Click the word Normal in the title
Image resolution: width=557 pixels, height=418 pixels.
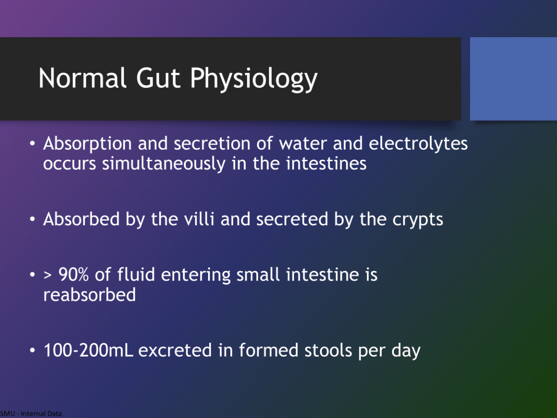tap(83, 78)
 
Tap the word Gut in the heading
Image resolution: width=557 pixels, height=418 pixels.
tap(158, 78)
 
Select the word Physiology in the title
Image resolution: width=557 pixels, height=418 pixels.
tap(253, 79)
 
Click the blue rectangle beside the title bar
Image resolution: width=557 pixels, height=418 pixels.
tap(513, 79)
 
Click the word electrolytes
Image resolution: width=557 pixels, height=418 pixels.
tap(418, 143)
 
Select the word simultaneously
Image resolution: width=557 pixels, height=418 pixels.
tap(164, 164)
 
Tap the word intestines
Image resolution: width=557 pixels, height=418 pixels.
tap(326, 164)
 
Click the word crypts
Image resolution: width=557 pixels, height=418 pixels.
tap(418, 220)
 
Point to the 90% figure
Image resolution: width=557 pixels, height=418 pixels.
tap(73, 275)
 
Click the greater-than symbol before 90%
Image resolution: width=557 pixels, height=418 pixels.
tap(48, 275)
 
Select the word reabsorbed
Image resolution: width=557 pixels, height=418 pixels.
tap(89, 295)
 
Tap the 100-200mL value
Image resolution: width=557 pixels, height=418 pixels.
tap(88, 350)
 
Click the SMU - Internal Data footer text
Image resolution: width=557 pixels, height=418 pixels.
tap(31, 414)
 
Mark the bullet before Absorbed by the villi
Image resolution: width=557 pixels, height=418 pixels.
tap(33, 219)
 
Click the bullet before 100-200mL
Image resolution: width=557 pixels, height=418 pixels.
tap(33, 350)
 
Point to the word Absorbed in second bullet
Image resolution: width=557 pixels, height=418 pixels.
tap(82, 219)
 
